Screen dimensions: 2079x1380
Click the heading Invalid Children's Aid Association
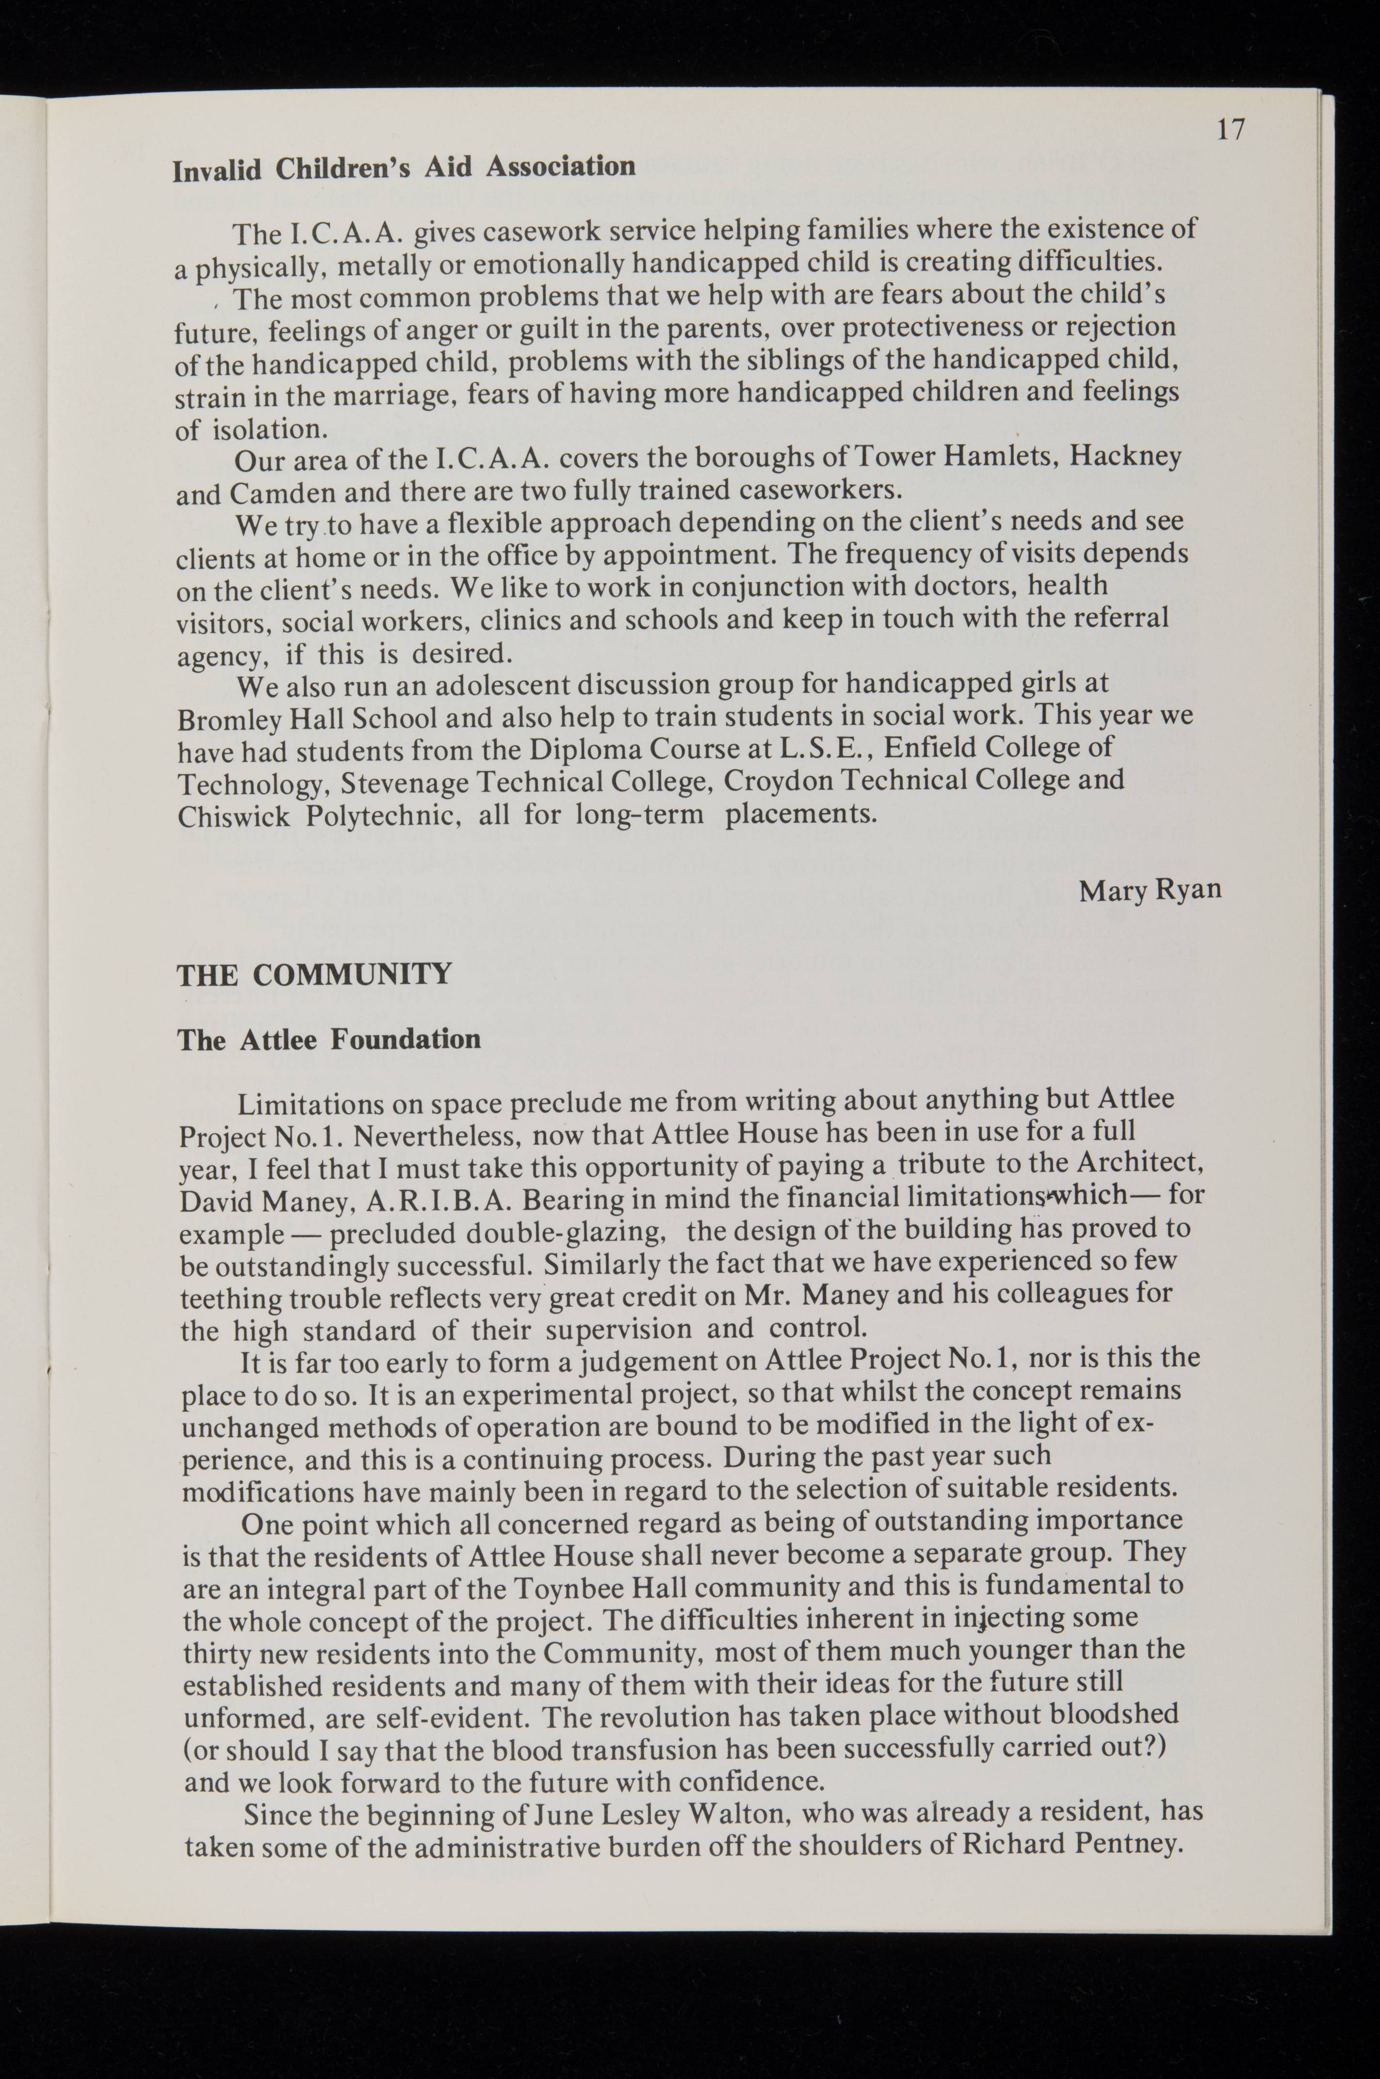click(x=403, y=166)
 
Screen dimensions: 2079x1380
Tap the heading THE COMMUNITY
click(x=314, y=975)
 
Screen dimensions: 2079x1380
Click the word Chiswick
click(x=233, y=816)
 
